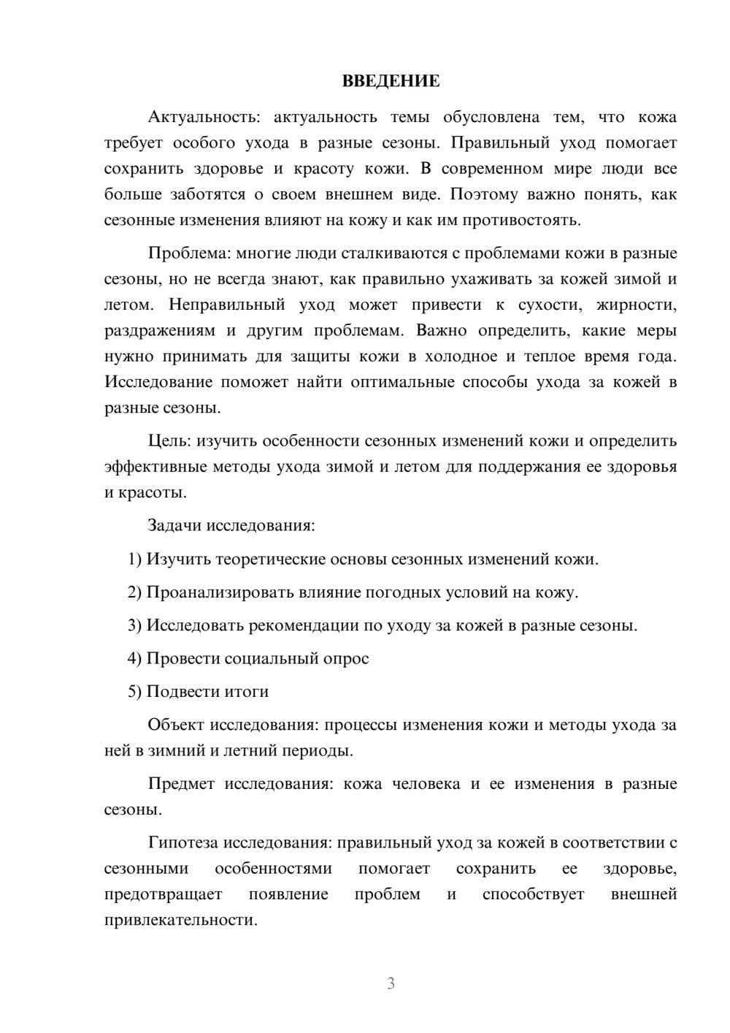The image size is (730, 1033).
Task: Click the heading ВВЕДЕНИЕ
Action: point(391,81)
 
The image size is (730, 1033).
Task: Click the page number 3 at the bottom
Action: point(391,983)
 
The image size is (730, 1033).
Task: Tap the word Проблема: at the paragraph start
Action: point(189,254)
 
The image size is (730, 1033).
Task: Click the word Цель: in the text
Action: point(170,441)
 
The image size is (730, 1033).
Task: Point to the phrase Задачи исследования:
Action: point(231,526)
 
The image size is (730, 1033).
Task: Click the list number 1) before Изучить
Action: point(134,560)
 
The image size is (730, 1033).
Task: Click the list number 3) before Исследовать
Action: point(134,626)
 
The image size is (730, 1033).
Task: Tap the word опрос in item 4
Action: point(346,659)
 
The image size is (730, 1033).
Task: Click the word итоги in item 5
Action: point(247,692)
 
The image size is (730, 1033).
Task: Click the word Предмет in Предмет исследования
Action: point(181,785)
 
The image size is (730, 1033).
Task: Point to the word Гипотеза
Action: point(182,843)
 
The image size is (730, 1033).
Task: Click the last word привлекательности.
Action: point(180,920)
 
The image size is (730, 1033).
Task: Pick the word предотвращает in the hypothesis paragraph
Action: point(163,895)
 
